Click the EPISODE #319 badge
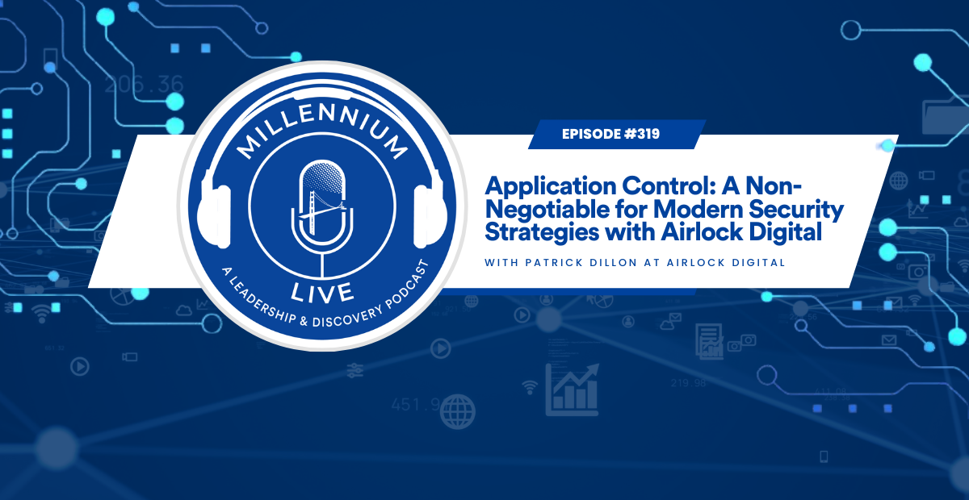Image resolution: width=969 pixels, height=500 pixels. click(611, 134)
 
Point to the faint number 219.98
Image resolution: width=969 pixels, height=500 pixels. click(688, 382)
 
